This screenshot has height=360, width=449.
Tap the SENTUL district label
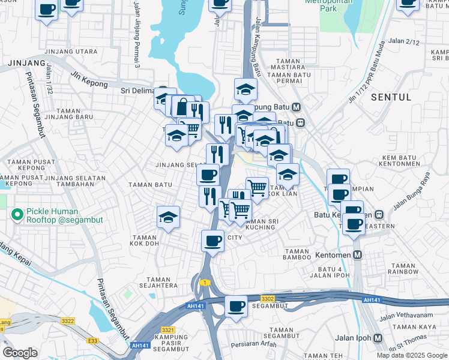[x=391, y=97]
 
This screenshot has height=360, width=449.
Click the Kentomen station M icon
[x=358, y=255]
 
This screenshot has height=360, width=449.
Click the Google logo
[x=20, y=352]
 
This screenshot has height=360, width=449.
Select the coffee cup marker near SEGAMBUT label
[x=236, y=307]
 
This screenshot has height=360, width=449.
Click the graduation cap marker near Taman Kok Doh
[x=169, y=218]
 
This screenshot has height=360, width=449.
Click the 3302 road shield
[x=268, y=298]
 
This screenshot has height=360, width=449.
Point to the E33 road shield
[x=92, y=340]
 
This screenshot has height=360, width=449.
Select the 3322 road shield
[x=68, y=321]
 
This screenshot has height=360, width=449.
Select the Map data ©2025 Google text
[x=411, y=355]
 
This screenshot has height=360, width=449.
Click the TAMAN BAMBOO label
[x=297, y=254]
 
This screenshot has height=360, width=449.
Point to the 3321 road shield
[x=167, y=329]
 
